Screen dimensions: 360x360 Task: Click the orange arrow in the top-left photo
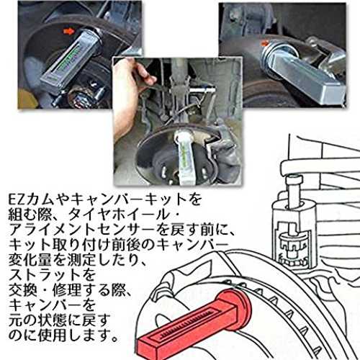coord(68,32)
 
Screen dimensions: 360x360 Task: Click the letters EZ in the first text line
coord(17,199)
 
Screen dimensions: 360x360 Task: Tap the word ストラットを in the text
coord(53,275)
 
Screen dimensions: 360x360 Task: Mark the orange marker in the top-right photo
coord(264,43)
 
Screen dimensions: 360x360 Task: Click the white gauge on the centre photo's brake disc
coord(184,157)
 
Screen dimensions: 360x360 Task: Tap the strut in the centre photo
coord(179,91)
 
